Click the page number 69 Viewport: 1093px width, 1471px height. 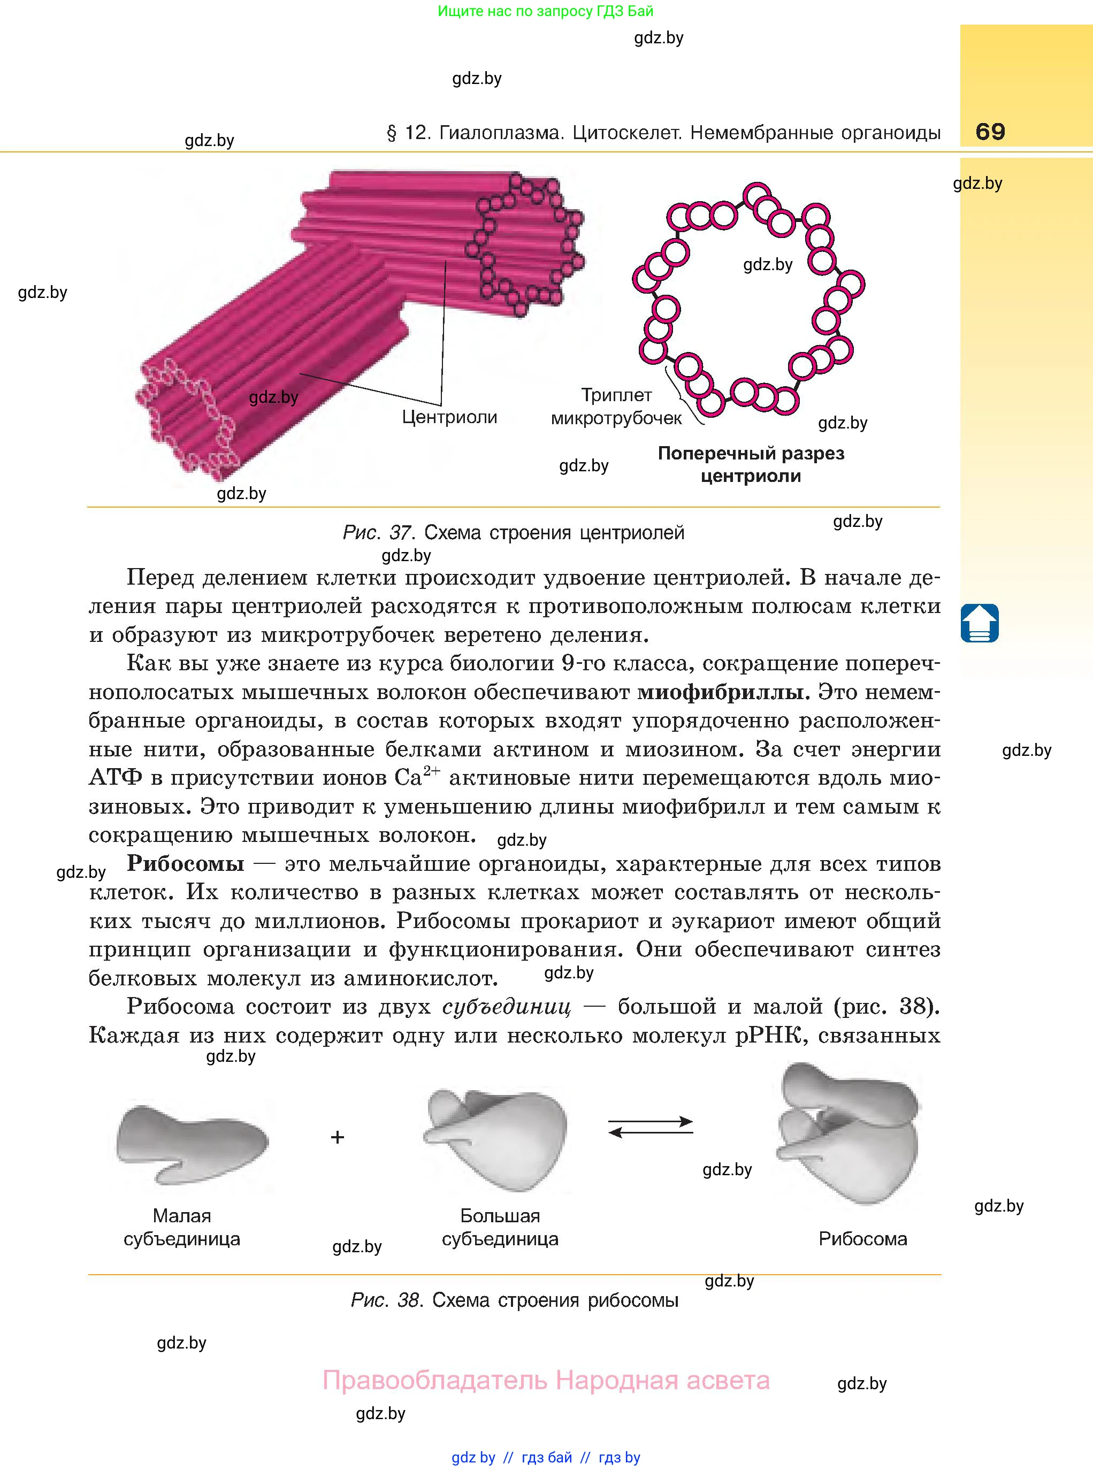(990, 132)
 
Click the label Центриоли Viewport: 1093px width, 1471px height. (449, 417)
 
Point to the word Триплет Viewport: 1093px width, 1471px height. (616, 395)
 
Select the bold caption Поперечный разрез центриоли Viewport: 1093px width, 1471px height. (751, 464)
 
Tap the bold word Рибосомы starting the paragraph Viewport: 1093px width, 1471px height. (185, 864)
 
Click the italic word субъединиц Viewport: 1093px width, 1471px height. (506, 1007)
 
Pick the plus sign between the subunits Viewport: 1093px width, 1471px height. (338, 1137)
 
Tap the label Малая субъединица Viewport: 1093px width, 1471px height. (182, 1227)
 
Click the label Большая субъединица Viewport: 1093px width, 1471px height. (500, 1227)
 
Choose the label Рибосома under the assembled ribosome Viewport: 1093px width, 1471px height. (863, 1239)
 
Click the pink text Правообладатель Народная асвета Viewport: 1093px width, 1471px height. (546, 1381)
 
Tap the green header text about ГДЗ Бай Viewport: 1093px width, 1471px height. (546, 11)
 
